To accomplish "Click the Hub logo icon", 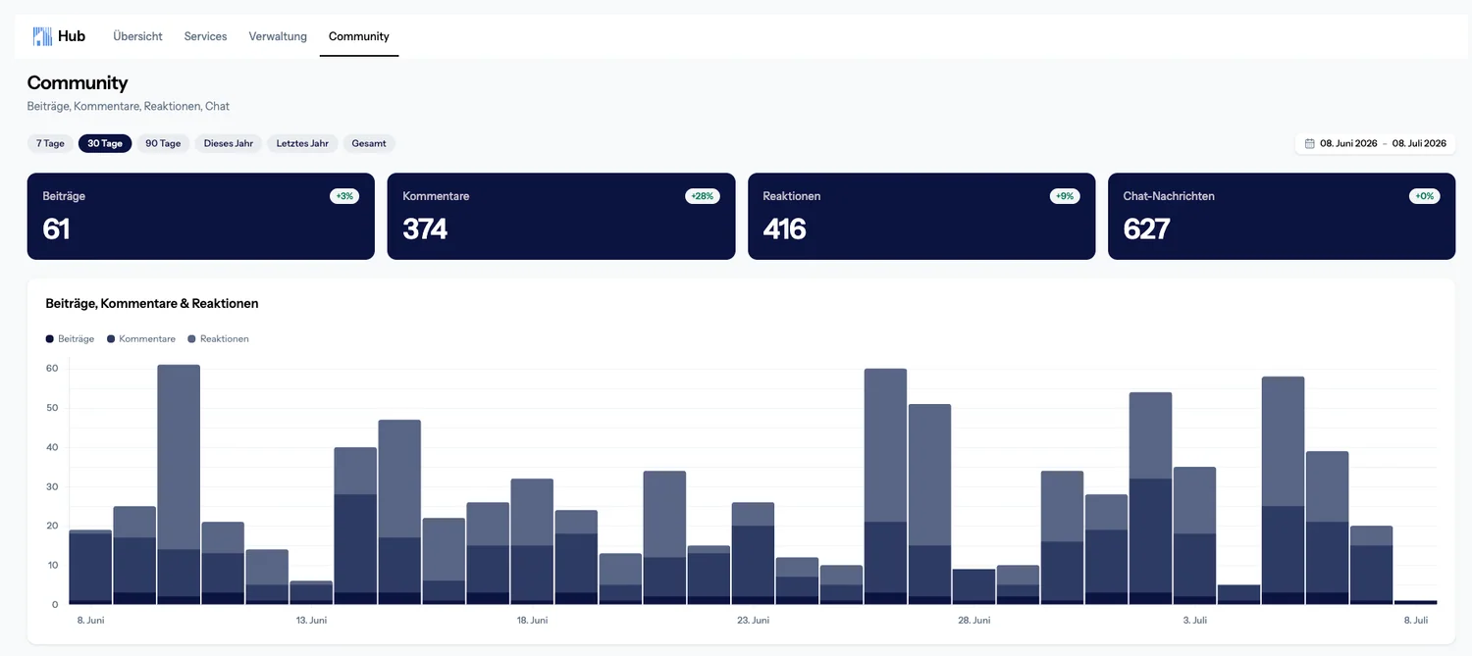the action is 42,36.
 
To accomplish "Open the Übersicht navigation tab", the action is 137,36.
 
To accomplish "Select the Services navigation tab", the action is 205,36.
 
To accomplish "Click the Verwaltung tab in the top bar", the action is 278,36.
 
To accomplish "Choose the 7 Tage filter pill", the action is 50,143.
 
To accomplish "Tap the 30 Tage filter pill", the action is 105,143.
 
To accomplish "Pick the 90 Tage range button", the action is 163,143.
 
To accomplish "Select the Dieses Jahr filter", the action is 228,143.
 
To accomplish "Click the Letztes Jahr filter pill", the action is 302,143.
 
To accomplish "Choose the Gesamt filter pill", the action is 369,143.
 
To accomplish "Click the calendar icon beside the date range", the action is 1310,143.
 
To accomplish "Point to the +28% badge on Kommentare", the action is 703,196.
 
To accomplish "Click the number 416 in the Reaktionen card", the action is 784,229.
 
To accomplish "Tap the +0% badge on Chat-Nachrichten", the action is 1424,196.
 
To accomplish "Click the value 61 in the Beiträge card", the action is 56,229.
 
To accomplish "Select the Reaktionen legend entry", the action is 218,339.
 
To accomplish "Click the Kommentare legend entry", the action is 141,339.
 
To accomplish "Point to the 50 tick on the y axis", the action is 52,408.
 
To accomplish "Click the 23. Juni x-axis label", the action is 753,620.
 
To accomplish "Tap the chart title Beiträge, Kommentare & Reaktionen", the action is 152,303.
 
